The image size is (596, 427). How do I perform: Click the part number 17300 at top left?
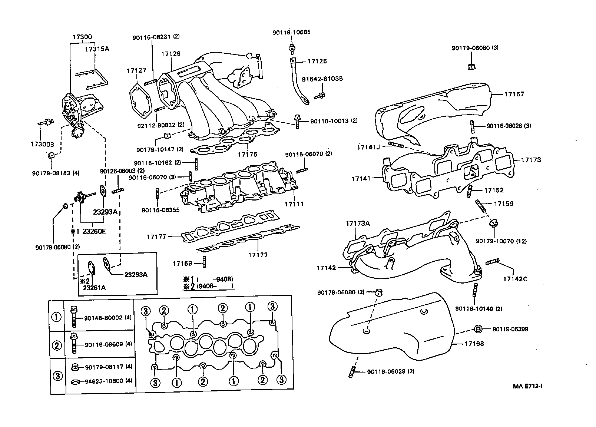[82, 37]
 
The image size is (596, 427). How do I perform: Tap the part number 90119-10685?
[291, 32]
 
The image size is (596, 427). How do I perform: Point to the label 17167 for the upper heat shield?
[514, 94]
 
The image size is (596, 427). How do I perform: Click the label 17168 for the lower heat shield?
[474, 344]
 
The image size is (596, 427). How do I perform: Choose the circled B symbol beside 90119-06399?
[478, 329]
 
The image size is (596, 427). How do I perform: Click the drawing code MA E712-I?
[528, 386]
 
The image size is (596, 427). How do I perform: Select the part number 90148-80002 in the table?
[103, 318]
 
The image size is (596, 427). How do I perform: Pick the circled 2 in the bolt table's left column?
[56, 345]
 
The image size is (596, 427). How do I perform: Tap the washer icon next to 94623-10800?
[75, 381]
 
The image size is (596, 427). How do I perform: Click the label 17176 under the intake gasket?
[247, 154]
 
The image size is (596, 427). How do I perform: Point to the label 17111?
[294, 204]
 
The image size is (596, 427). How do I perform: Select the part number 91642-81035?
[322, 79]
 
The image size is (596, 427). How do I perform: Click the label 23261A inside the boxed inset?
[94, 287]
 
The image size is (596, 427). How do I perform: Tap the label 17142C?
[515, 279]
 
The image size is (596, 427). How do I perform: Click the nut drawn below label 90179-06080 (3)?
[472, 67]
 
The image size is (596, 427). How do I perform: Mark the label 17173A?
[358, 224]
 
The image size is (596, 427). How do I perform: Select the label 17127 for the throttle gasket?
[136, 70]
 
